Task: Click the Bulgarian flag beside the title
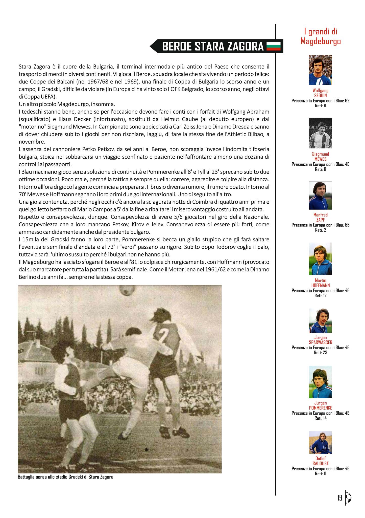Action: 274,46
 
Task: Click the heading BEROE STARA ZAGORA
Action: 213,47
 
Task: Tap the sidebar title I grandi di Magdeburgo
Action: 321,36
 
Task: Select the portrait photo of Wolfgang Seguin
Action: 320,70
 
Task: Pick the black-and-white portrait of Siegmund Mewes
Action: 320,133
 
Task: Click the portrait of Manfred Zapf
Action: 320,196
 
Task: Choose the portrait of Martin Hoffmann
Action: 320,259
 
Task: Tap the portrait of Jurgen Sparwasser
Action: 320,320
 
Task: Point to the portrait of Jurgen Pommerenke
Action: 320,382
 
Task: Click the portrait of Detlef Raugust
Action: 320,442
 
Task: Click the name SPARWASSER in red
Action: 321,342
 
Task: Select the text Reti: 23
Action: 321,353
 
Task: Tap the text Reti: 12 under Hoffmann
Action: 321,296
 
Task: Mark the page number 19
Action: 340,498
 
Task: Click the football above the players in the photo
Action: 128,290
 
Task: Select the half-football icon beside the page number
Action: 348,498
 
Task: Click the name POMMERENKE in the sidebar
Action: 321,408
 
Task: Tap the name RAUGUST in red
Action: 321,463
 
